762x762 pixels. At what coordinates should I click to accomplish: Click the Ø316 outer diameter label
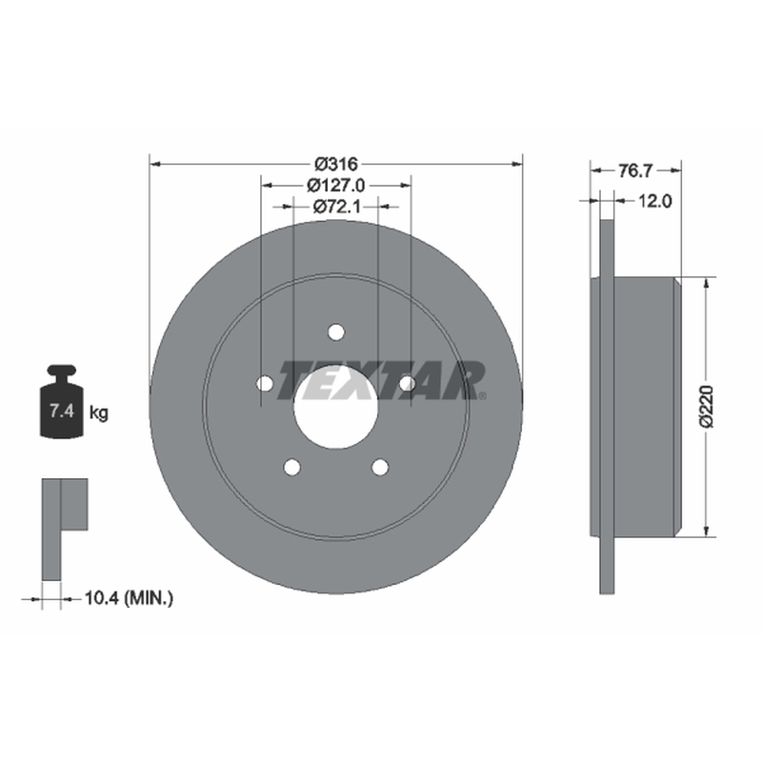(x=336, y=164)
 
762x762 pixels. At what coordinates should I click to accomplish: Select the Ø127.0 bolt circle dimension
(x=336, y=185)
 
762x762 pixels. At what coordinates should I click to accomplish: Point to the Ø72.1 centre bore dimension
(x=336, y=207)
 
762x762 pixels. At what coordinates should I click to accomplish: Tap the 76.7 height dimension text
(x=634, y=170)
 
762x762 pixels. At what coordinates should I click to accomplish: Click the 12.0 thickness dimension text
(x=654, y=201)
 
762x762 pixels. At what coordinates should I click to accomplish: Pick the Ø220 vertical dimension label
(x=707, y=407)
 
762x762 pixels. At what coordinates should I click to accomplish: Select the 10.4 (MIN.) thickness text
(x=129, y=598)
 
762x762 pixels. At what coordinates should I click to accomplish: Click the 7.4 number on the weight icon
(x=62, y=411)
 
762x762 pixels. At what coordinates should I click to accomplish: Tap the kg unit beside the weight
(x=99, y=413)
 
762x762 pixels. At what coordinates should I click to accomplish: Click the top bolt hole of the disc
(x=336, y=332)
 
